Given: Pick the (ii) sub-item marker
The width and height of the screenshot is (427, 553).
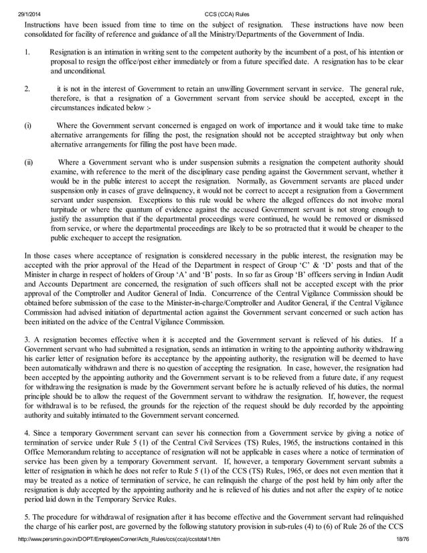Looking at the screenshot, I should tap(29, 162).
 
